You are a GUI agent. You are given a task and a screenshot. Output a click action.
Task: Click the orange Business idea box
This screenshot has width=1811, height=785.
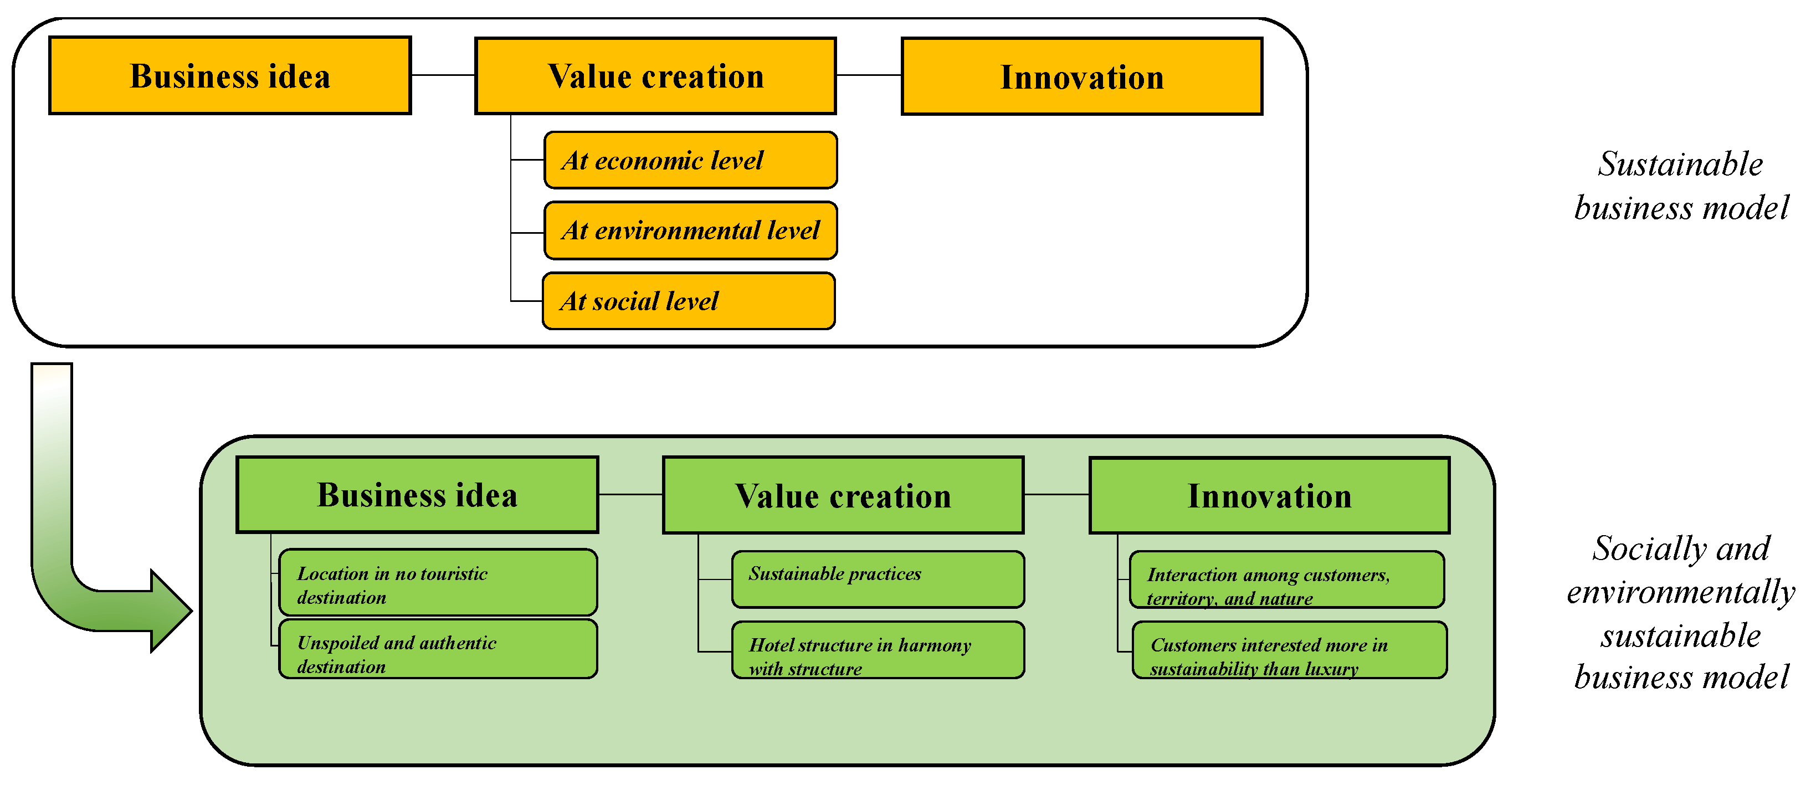(230, 76)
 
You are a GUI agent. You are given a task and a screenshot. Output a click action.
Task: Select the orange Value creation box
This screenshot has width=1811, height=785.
(655, 76)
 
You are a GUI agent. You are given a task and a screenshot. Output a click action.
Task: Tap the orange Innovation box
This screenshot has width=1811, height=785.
(1081, 76)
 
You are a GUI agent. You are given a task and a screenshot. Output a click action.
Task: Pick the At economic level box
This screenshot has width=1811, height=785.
(690, 160)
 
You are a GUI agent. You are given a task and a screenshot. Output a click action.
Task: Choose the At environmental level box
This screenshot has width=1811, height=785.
(690, 230)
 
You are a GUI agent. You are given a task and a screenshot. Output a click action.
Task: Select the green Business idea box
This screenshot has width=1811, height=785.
(417, 495)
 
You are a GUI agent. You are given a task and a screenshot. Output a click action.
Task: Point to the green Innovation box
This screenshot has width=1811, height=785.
(1269, 495)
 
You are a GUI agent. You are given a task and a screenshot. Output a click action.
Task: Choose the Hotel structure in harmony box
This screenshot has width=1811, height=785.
(878, 650)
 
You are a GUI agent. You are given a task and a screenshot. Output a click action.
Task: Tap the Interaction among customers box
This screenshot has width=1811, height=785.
(1286, 580)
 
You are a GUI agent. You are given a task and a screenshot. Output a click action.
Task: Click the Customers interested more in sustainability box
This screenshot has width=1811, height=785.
(1289, 650)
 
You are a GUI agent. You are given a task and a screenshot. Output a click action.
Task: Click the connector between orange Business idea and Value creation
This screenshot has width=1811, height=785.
(443, 74)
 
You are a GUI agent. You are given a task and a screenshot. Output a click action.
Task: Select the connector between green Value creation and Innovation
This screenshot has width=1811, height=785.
(1056, 495)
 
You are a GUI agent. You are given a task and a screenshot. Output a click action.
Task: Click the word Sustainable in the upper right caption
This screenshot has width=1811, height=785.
(1680, 165)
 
